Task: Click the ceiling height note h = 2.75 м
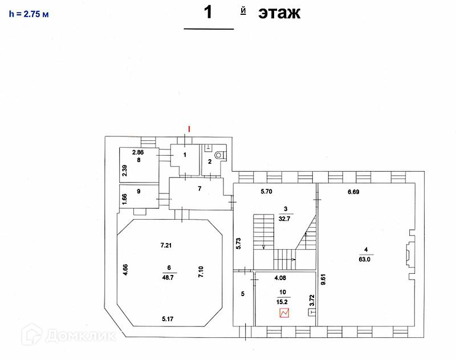click(28, 14)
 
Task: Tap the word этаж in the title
click(279, 13)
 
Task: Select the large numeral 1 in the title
click(208, 13)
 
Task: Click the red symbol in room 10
click(284, 313)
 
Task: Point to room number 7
click(199, 188)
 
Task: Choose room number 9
click(137, 192)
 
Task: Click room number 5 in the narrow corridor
click(242, 294)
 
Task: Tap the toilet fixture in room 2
click(218, 155)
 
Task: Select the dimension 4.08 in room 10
click(281, 279)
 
